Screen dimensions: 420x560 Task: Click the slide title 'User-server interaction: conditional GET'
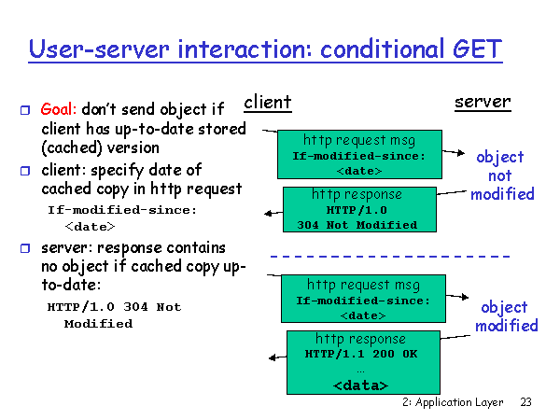coord(265,48)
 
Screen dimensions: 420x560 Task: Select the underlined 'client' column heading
coord(268,102)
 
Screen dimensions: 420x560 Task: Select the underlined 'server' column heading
coord(483,102)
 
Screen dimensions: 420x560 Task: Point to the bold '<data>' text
coord(360,385)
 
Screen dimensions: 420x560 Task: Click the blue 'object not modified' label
coord(501,175)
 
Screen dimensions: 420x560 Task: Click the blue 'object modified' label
coord(506,316)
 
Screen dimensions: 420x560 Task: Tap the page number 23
coord(525,403)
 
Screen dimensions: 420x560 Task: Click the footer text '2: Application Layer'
coord(452,403)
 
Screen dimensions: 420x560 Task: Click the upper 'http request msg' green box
coord(358,155)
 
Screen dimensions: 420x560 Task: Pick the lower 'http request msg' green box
coord(363,300)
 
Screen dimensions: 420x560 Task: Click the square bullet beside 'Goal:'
coord(25,110)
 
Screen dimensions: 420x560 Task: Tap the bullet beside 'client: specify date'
coord(25,171)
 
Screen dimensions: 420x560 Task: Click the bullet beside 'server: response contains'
coord(25,248)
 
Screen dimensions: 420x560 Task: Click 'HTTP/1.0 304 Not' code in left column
coord(114,307)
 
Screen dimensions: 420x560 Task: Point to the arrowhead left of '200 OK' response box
coord(273,357)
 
